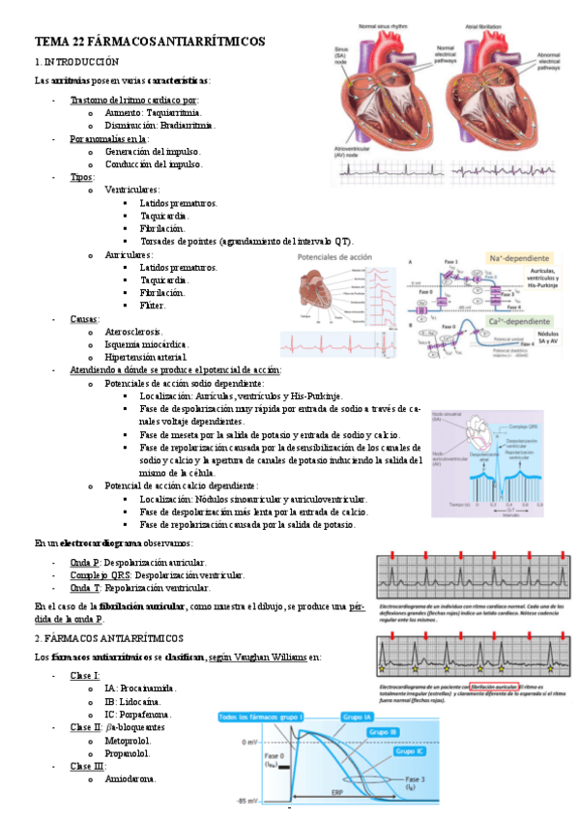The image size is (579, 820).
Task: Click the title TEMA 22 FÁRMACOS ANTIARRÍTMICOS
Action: [150, 41]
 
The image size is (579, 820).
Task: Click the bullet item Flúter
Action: [152, 306]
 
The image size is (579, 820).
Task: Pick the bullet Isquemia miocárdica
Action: [146, 344]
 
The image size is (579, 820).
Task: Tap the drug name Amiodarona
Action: [129, 778]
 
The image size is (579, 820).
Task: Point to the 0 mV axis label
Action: [248, 742]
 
